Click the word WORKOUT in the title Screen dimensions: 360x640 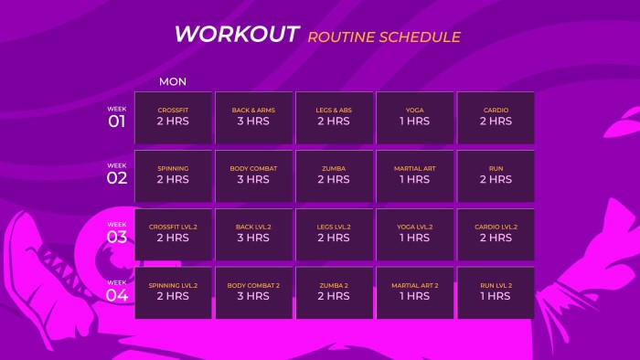[x=237, y=35]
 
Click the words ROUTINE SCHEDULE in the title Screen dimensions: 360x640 [x=384, y=37]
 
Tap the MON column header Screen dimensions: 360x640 [x=173, y=81]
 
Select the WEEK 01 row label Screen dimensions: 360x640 [x=117, y=118]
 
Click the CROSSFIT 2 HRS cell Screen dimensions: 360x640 [x=173, y=117]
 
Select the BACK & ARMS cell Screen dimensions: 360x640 [x=253, y=117]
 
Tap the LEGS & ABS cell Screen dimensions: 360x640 [x=334, y=117]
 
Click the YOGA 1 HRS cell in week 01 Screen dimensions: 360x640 [x=414, y=117]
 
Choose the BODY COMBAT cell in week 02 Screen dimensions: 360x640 [x=253, y=175]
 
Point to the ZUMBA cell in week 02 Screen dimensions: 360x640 [x=334, y=175]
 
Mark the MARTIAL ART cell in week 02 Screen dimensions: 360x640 [x=414, y=175]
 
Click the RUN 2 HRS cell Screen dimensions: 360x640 [x=496, y=175]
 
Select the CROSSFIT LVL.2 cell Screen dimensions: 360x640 [x=173, y=234]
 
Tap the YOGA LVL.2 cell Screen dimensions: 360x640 [x=414, y=234]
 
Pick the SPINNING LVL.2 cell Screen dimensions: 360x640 [x=173, y=292]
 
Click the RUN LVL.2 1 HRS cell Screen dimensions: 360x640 [x=496, y=292]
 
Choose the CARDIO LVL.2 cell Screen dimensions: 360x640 [x=496, y=234]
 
